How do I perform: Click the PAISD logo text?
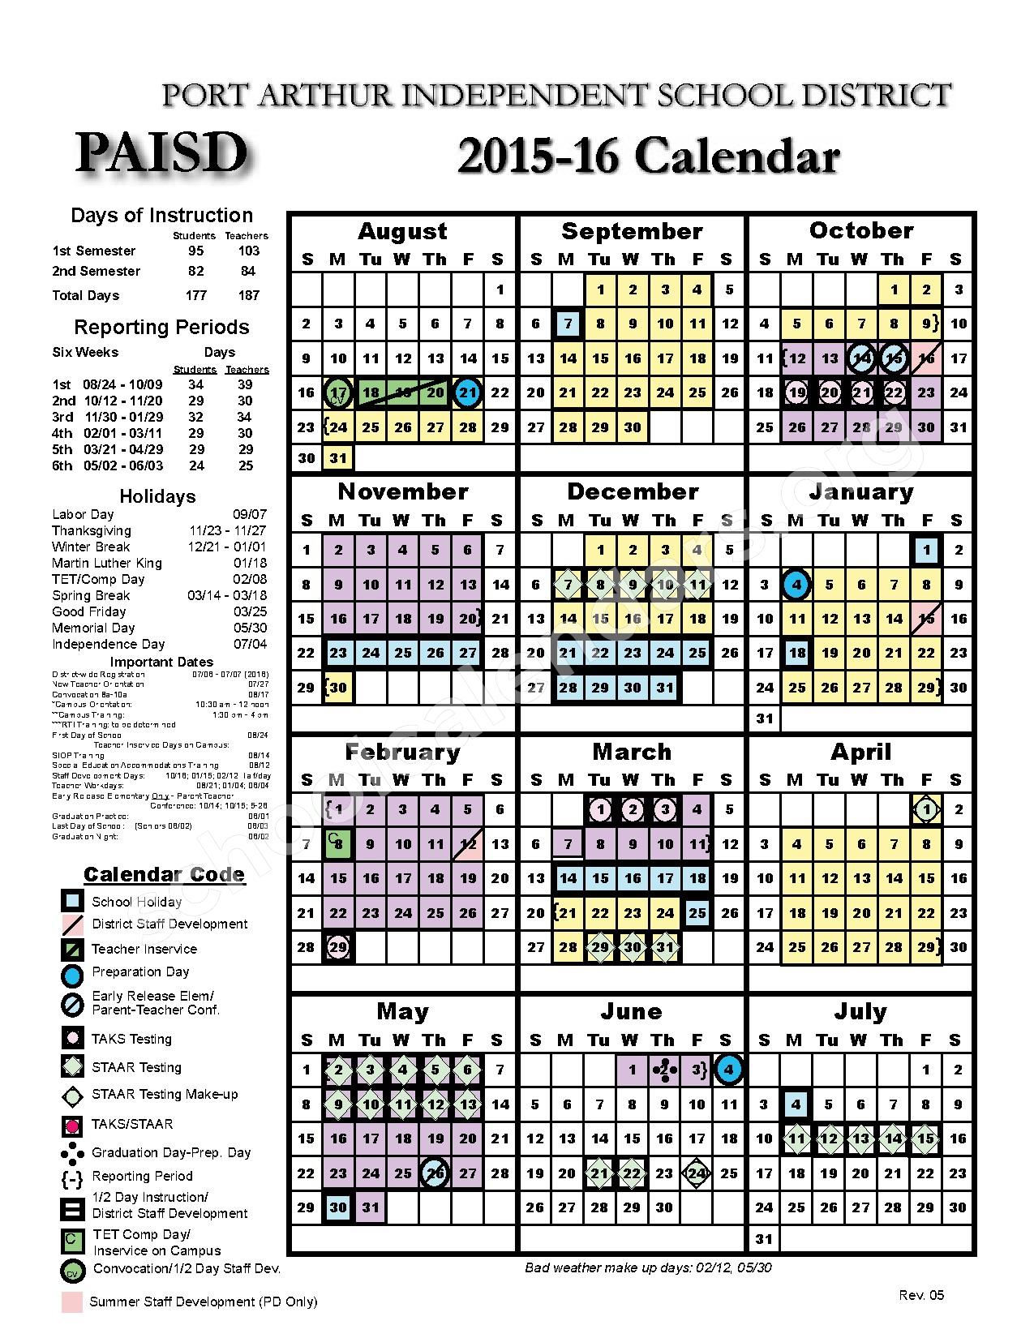tap(162, 152)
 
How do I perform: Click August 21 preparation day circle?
tap(468, 393)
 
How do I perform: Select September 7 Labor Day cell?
tap(568, 324)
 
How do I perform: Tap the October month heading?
tap(860, 231)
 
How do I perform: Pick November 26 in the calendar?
tap(435, 653)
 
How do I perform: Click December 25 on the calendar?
tap(697, 653)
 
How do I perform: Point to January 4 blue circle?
tap(796, 585)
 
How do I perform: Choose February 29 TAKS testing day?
tap(338, 947)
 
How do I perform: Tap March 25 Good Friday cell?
tap(697, 913)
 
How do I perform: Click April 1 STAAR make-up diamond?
tap(926, 809)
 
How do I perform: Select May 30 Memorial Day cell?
tap(338, 1207)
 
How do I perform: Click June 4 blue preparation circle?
tap(729, 1070)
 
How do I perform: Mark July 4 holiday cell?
tap(796, 1104)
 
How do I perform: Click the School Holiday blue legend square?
tap(72, 901)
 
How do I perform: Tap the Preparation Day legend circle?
tap(72, 975)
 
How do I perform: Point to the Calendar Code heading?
tap(164, 875)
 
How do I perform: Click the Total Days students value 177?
tap(196, 295)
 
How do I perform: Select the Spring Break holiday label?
tap(91, 595)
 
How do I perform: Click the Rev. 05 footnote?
tap(921, 1295)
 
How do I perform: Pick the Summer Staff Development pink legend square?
tap(72, 1302)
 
